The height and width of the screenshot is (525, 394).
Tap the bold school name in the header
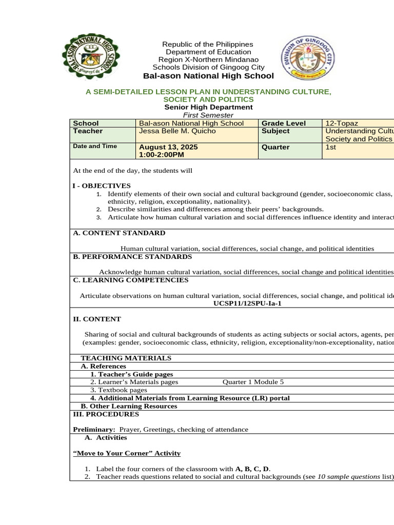[x=208, y=76]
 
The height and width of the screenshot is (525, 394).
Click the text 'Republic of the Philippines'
[x=208, y=45]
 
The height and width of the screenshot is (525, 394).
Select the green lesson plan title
[x=208, y=95]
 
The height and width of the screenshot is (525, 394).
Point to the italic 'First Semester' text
[x=208, y=115]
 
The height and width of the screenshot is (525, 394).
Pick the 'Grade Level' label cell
[x=284, y=123]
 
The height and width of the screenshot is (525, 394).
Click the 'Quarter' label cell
[x=275, y=147]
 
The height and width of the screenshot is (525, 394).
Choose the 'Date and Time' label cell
[x=95, y=146]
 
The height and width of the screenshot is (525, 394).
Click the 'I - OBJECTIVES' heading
[x=102, y=186]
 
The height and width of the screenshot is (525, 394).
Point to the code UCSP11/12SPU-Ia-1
[x=247, y=303]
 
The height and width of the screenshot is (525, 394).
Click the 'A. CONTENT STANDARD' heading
[x=119, y=233]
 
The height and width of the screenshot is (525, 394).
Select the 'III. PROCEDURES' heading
[x=106, y=414]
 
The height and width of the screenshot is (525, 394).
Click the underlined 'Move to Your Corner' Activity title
[x=127, y=453]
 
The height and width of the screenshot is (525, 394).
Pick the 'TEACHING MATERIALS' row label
[x=126, y=358]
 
